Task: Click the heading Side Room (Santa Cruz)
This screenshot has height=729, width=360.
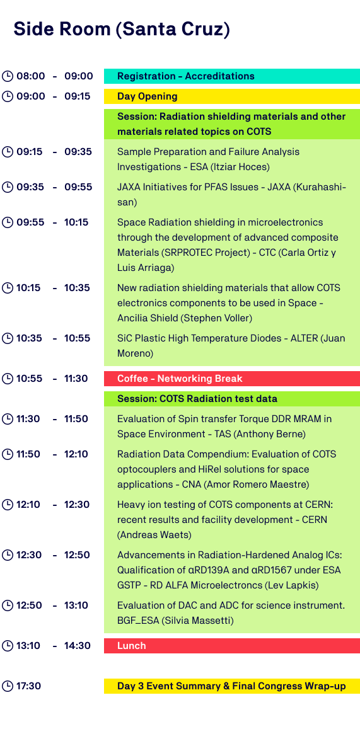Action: point(122,29)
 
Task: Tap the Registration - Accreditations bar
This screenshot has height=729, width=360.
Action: point(231,76)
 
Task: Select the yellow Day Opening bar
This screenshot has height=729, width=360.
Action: point(231,96)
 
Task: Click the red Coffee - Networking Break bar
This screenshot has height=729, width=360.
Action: point(231,379)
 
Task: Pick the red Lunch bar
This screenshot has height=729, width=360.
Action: point(231,645)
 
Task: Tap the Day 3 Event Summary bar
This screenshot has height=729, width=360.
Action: point(231,686)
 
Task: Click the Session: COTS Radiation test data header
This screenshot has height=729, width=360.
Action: point(231,398)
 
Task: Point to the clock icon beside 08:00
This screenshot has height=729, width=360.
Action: point(8,76)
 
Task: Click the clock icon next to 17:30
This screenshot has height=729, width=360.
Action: point(8,686)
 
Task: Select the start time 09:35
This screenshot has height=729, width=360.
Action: point(31,187)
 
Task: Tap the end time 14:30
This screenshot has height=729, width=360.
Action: point(78,645)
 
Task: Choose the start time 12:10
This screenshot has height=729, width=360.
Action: point(28,505)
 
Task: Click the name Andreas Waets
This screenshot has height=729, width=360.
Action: point(154,536)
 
